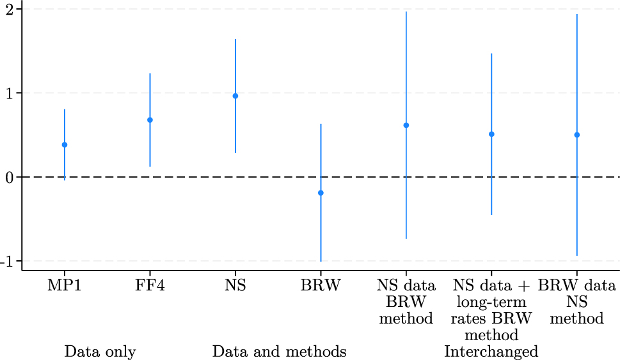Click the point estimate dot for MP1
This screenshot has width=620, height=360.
pos(65,145)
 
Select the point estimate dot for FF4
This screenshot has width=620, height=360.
pos(150,120)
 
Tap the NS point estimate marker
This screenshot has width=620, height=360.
pos(235,96)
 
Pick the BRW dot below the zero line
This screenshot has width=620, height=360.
pos(321,192)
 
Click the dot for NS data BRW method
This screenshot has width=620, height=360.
pos(406,125)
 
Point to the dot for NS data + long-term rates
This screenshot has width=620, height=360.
pos(491,134)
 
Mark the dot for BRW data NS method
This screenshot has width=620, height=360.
pos(577,135)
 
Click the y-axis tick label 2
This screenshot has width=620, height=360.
pos(10,9)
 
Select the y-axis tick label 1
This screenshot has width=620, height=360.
pos(10,93)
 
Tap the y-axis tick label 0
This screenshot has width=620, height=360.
pos(10,177)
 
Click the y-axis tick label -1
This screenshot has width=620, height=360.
pos(8,261)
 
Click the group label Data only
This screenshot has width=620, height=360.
pos(100,352)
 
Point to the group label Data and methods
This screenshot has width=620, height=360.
pos(279,352)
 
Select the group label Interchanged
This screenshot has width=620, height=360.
pos(491,352)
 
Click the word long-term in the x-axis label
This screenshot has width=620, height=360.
pos(491,302)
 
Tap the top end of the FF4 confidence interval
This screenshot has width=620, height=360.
pos(150,74)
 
